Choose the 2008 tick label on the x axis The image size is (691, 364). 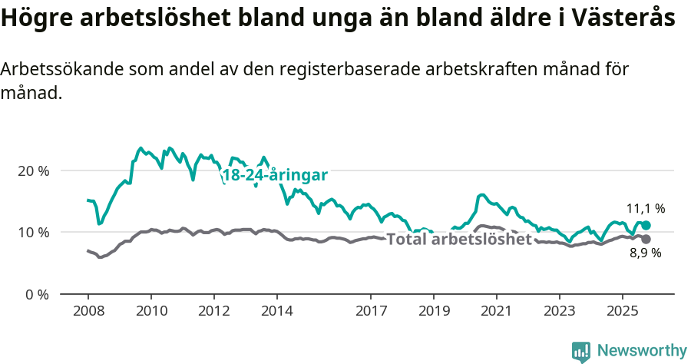click(x=88, y=312)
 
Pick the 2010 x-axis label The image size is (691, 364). click(x=150, y=312)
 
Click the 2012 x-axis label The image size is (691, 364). click(x=213, y=312)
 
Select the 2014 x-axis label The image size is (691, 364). click(x=276, y=312)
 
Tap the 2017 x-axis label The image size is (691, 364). click(x=371, y=312)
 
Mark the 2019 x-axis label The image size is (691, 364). click(x=433, y=312)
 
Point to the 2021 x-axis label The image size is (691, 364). click(x=496, y=312)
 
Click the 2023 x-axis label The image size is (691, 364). click(x=559, y=312)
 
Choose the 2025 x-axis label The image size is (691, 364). click(x=622, y=312)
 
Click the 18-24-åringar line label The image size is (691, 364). click(x=275, y=175)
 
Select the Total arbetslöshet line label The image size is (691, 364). click(x=459, y=239)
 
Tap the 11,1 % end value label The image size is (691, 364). click(x=646, y=208)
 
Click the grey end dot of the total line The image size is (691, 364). click(x=646, y=240)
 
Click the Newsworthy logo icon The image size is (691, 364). click(x=581, y=352)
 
